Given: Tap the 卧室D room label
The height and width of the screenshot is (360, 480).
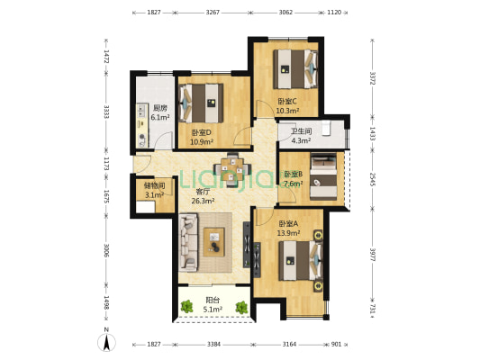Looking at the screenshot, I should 201,132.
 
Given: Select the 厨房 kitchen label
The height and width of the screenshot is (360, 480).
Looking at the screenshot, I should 159,108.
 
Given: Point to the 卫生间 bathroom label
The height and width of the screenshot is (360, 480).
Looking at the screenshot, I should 301,131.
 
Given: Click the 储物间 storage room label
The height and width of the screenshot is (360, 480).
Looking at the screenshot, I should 154,185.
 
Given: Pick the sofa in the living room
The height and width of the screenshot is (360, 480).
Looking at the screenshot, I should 189,241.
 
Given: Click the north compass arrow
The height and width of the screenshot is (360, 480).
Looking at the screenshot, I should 106,340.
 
